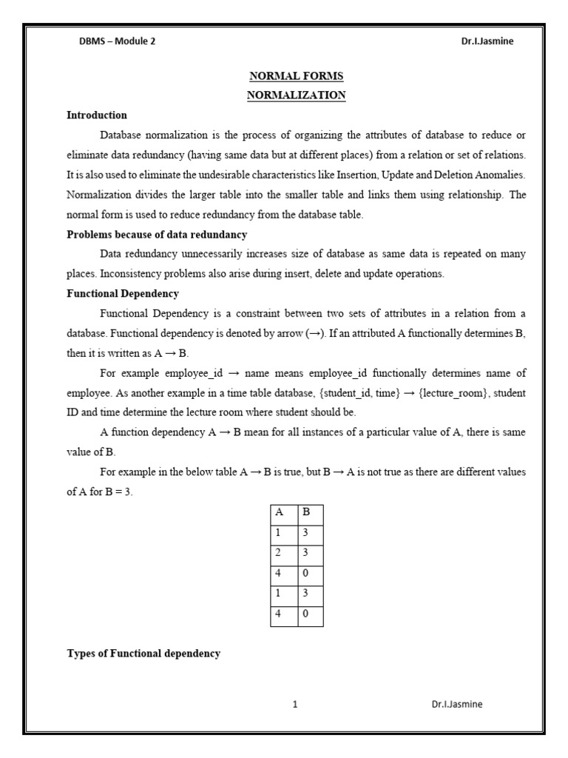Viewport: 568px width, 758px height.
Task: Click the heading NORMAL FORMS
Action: coord(296,76)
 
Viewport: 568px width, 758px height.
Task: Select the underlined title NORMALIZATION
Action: coord(296,95)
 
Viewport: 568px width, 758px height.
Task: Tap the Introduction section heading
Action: coord(97,115)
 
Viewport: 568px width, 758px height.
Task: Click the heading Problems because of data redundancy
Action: coord(157,235)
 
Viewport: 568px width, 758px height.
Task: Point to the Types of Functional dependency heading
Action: coord(143,654)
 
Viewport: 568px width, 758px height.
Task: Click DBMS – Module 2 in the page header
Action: coord(118,41)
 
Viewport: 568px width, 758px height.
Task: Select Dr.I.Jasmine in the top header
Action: coord(487,41)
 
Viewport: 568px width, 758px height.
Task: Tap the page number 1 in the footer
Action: coord(295,705)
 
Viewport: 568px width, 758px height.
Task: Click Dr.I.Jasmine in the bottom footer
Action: coord(457,705)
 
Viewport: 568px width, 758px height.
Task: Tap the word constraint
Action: coord(282,313)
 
